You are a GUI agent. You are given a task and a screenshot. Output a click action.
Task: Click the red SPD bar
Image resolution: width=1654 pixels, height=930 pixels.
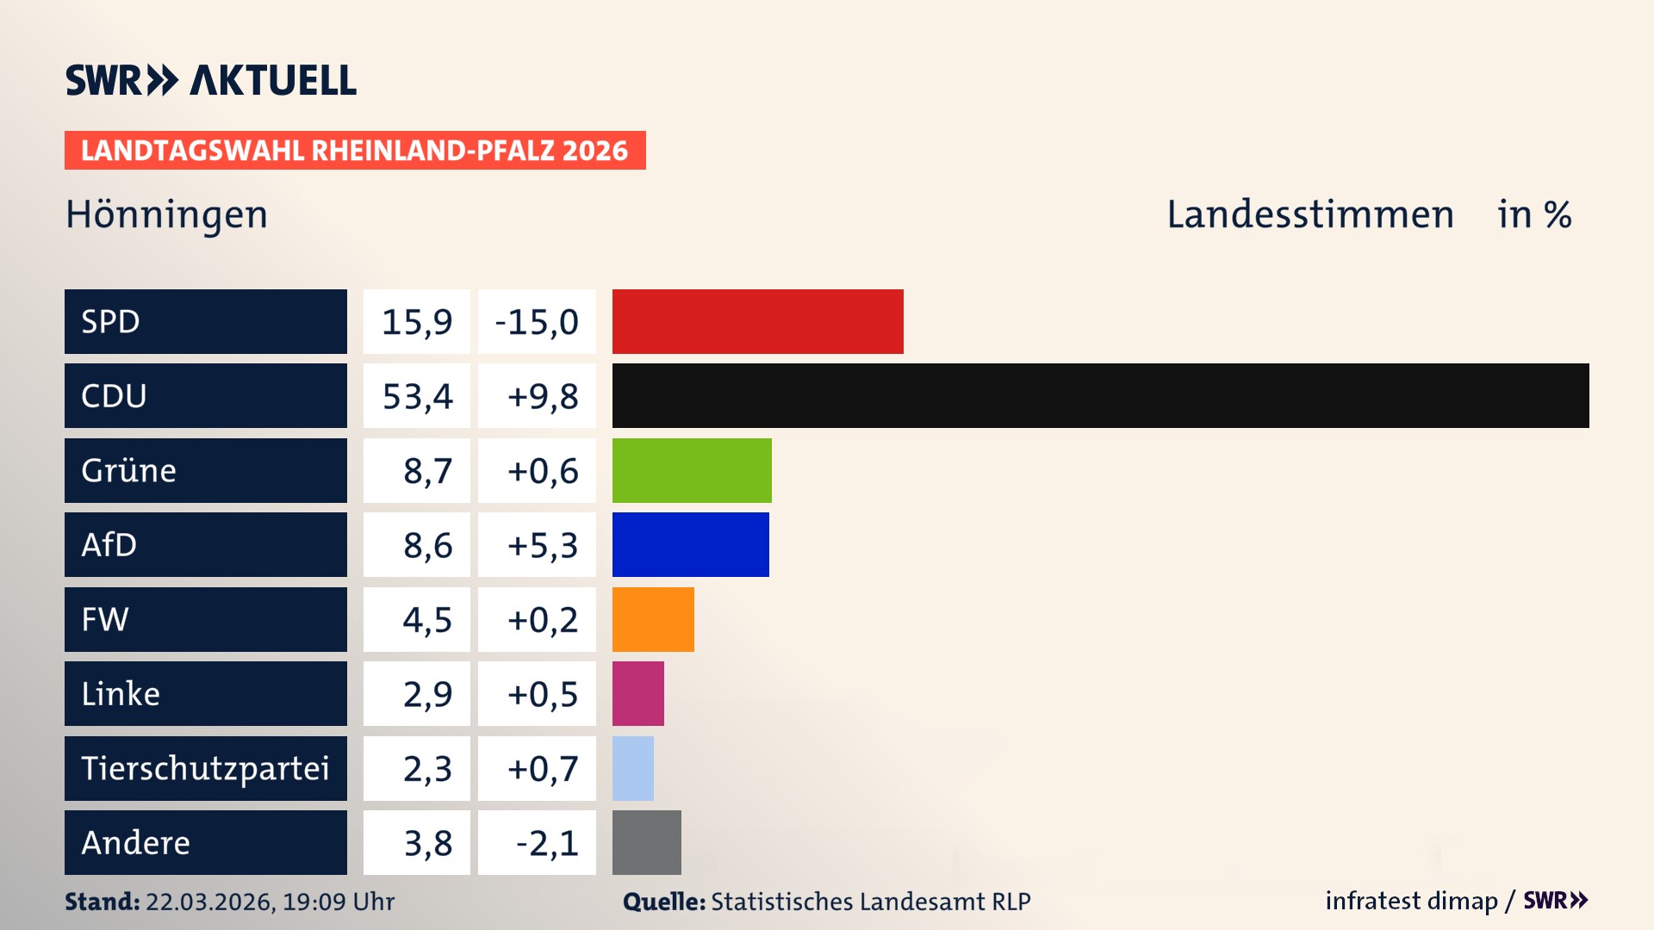(757, 321)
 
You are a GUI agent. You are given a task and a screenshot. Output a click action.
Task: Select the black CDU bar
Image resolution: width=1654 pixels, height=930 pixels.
(1100, 395)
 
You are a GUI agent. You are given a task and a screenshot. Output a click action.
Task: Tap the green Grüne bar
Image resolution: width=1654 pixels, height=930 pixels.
(692, 470)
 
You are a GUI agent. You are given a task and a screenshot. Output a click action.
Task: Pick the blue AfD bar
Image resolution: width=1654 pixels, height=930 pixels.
(690, 544)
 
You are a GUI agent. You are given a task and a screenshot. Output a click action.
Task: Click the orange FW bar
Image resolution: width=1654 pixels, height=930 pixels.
(653, 619)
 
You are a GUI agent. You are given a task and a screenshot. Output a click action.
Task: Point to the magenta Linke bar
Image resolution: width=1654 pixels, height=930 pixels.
(637, 693)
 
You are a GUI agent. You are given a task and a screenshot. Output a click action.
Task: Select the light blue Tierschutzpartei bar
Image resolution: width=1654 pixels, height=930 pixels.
(632, 768)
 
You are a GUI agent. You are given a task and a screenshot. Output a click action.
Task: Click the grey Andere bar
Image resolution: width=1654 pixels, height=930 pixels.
(646, 842)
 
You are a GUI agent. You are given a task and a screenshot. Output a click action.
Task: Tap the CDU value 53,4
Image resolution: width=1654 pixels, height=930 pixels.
(417, 396)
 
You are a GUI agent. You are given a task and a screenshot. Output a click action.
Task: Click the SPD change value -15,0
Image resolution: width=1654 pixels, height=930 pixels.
(537, 322)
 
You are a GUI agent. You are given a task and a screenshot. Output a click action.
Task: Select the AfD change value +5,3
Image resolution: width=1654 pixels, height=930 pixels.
(542, 545)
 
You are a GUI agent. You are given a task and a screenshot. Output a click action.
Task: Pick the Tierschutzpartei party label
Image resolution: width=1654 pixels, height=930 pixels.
(205, 768)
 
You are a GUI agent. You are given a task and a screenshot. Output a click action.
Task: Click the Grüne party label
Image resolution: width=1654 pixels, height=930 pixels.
(129, 470)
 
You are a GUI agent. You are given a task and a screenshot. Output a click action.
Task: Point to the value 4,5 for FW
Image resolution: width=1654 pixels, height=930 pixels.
(426, 620)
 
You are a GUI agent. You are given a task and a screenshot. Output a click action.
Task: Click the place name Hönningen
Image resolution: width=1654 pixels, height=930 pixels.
(166, 214)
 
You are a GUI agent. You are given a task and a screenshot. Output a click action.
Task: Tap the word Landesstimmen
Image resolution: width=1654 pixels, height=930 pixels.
(1309, 214)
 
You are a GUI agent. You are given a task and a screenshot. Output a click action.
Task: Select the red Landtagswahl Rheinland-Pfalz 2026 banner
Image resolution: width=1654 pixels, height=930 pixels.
(355, 151)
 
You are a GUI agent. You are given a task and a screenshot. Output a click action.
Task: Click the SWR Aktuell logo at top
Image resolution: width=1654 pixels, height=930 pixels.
(210, 80)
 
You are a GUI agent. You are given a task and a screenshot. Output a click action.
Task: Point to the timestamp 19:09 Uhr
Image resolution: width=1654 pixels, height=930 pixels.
(338, 902)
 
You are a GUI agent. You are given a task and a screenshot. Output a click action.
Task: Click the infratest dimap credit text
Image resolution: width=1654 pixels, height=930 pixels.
(1411, 901)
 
